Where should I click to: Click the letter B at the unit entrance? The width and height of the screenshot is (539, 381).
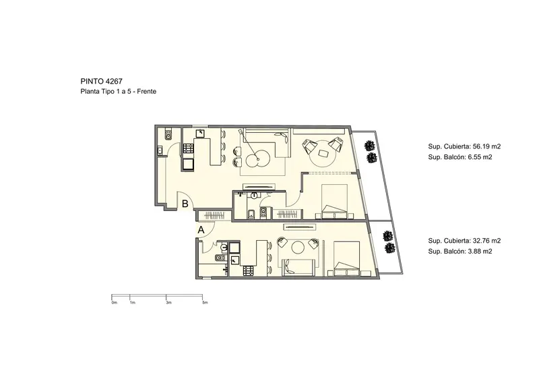click(185, 204)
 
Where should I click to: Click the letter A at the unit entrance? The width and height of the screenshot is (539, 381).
click(201, 230)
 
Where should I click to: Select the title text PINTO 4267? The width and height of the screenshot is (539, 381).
click(102, 81)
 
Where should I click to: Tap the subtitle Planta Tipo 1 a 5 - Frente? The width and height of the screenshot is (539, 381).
click(119, 92)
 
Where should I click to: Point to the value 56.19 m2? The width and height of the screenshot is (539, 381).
click(486, 146)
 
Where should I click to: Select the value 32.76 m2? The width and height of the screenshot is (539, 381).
click(486, 241)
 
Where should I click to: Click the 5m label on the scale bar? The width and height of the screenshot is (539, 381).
click(205, 303)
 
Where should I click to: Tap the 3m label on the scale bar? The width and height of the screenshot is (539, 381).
click(168, 303)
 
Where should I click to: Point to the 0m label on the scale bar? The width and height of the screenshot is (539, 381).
click(114, 303)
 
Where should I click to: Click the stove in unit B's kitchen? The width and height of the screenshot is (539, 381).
click(189, 148)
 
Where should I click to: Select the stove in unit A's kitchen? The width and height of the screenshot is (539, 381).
click(248, 271)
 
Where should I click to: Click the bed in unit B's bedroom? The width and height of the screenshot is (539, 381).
click(334, 202)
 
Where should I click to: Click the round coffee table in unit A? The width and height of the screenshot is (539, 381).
click(297, 247)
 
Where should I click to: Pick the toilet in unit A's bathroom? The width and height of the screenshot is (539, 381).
click(220, 258)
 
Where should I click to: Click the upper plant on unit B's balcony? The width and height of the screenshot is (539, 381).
click(369, 146)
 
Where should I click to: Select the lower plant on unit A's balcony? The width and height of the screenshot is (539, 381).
click(389, 247)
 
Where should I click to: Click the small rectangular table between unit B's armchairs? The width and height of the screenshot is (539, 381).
click(323, 153)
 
